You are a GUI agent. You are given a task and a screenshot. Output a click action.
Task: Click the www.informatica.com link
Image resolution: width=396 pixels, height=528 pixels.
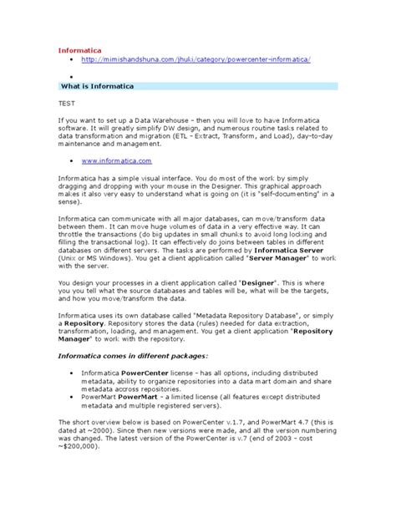pyautogui.click(x=117, y=160)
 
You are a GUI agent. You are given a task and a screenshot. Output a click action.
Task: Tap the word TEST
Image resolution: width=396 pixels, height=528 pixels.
pyautogui.click(x=66, y=104)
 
